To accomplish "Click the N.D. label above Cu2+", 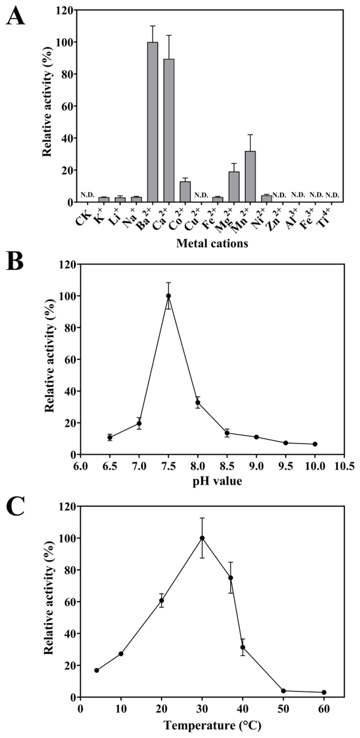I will [x=201, y=195].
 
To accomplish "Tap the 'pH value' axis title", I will [x=217, y=481].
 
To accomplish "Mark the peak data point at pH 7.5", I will [x=168, y=296].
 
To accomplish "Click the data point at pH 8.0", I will [x=198, y=402].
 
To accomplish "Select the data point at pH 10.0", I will [x=315, y=444].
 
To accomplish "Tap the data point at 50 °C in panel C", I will [x=283, y=691].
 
